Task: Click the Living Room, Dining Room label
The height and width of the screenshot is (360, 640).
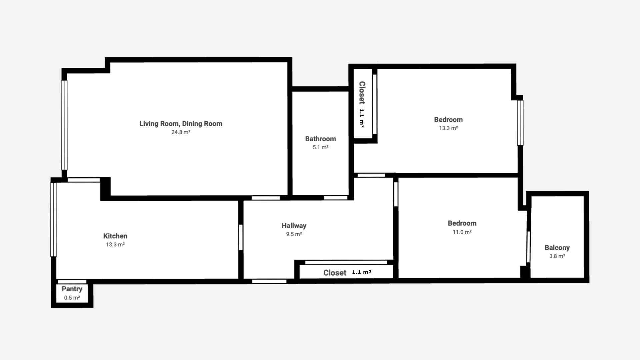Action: (181, 124)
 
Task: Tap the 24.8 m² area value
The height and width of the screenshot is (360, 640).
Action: (181, 132)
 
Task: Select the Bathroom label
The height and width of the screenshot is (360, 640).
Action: (320, 139)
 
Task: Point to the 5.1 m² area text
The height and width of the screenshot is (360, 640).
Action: (320, 147)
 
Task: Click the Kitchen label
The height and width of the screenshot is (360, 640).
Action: (115, 236)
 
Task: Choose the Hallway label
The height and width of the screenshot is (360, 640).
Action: (294, 226)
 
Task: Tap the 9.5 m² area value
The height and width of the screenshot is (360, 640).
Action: (294, 234)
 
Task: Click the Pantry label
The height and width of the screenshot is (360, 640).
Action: (72, 289)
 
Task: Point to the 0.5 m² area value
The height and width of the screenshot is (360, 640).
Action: (72, 298)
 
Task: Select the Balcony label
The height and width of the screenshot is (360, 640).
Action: (557, 248)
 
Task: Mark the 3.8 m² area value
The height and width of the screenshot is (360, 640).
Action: (557, 256)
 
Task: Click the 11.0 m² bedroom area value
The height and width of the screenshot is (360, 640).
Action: (462, 232)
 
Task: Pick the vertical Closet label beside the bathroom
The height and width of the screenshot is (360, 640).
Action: (362, 93)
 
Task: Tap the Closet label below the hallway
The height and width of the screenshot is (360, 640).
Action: (335, 273)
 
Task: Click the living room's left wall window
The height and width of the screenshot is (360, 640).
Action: (64, 125)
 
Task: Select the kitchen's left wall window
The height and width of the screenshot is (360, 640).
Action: (53, 220)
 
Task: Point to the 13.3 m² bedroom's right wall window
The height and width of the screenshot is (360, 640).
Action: (520, 123)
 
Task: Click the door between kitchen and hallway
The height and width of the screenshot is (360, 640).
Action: (241, 237)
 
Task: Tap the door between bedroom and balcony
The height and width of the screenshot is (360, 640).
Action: (528, 247)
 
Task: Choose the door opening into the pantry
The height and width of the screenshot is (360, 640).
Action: (72, 282)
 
